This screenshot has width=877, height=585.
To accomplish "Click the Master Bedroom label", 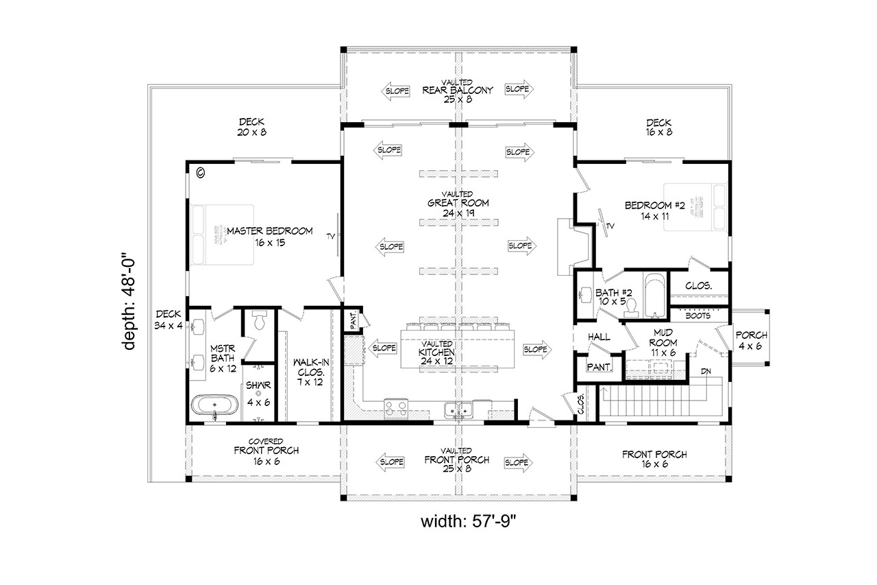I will [269, 237].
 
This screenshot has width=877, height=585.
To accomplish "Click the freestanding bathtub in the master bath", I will [214, 405].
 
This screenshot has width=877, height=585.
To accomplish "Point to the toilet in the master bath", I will [259, 321].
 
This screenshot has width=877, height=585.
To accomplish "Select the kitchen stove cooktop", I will [396, 409].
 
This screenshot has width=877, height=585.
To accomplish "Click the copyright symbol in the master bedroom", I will [200, 173].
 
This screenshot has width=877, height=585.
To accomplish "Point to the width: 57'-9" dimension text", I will [458, 521].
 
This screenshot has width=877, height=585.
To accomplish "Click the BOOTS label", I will [697, 316].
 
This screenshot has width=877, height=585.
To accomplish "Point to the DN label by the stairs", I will [705, 371].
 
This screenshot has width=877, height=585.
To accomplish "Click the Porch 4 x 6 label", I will [751, 340].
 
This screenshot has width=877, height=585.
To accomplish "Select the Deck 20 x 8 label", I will [251, 127].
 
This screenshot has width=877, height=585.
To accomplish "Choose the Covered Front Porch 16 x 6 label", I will [257, 451].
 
